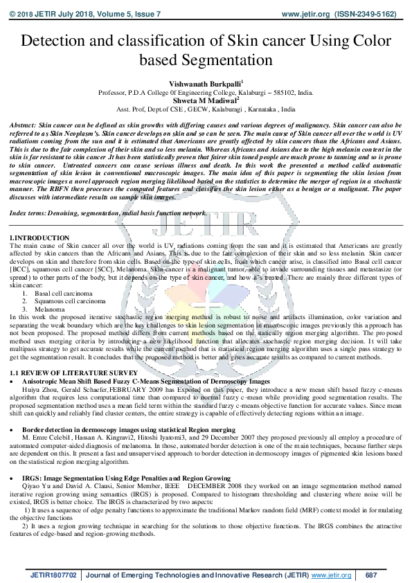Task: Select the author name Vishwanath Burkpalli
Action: [205, 82]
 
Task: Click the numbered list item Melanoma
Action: [49, 309]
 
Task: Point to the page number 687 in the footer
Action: [371, 575]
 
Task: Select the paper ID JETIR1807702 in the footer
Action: [51, 575]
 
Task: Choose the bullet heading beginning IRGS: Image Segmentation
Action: [136, 478]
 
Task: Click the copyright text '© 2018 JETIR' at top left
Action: [32, 13]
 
